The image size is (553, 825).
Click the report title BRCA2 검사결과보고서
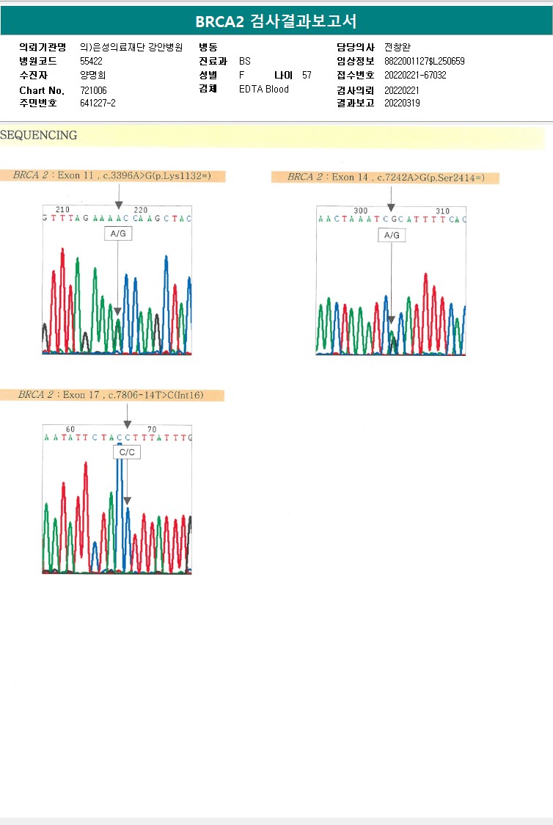pyautogui.click(x=276, y=21)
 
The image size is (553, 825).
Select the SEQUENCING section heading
pyautogui.click(x=39, y=136)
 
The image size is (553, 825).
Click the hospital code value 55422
pyautogui.click(x=91, y=61)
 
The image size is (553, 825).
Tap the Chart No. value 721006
pyautogui.click(x=92, y=90)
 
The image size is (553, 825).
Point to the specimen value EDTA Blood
pyautogui.click(x=264, y=89)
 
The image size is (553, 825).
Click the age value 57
pyautogui.click(x=307, y=75)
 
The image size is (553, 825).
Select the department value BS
pyautogui.click(x=245, y=61)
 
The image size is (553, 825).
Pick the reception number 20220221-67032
pyautogui.click(x=415, y=75)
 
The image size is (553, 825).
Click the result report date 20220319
pyautogui.click(x=402, y=103)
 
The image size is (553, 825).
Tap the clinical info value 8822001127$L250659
pyautogui.click(x=424, y=61)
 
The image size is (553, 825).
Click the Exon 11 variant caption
pyautogui.click(x=119, y=176)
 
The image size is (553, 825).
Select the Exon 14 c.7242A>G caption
pyautogui.click(x=385, y=178)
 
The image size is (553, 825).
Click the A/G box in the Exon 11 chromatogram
pyautogui.click(x=118, y=233)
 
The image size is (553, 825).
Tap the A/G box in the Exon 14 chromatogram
pyautogui.click(x=392, y=235)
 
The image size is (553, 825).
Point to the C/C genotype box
pyautogui.click(x=127, y=452)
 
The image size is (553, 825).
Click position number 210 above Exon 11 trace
pyautogui.click(x=62, y=210)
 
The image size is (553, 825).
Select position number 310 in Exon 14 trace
pyautogui.click(x=442, y=211)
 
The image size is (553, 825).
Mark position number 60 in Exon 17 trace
pyautogui.click(x=70, y=429)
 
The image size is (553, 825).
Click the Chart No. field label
pyautogui.click(x=42, y=90)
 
